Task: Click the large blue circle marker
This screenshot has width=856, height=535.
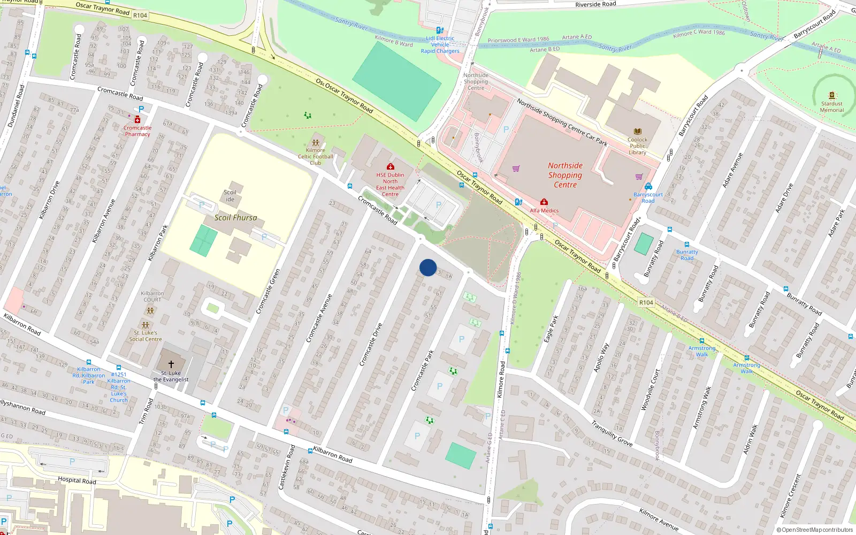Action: pos(428,267)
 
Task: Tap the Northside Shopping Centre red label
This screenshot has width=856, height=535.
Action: pos(565,175)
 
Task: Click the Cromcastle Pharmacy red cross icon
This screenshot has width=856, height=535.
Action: pos(137,120)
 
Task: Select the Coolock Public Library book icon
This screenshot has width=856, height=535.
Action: pos(637,132)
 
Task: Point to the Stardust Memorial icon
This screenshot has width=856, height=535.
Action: pos(831,96)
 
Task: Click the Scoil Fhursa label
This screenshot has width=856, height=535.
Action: pos(235,218)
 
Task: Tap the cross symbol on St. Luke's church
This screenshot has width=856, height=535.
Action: pos(171,364)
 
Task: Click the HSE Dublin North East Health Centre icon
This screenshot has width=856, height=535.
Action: pos(391,167)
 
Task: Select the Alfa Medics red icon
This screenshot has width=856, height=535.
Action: pos(544,202)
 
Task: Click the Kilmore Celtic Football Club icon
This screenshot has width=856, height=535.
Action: pos(316,143)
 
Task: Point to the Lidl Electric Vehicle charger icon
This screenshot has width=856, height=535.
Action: pos(440,30)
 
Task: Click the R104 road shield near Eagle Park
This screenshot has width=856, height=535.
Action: pos(646,302)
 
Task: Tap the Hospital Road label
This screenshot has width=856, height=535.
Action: pos(77,480)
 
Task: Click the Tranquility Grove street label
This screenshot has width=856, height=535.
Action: pos(612,433)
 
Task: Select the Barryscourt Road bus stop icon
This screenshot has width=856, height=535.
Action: pos(648,186)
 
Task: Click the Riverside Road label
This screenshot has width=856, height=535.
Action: pos(595,4)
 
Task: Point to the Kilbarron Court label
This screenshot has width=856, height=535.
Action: pos(152,296)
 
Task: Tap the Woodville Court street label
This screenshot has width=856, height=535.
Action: pos(650,390)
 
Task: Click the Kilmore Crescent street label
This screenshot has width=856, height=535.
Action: pos(791,496)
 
